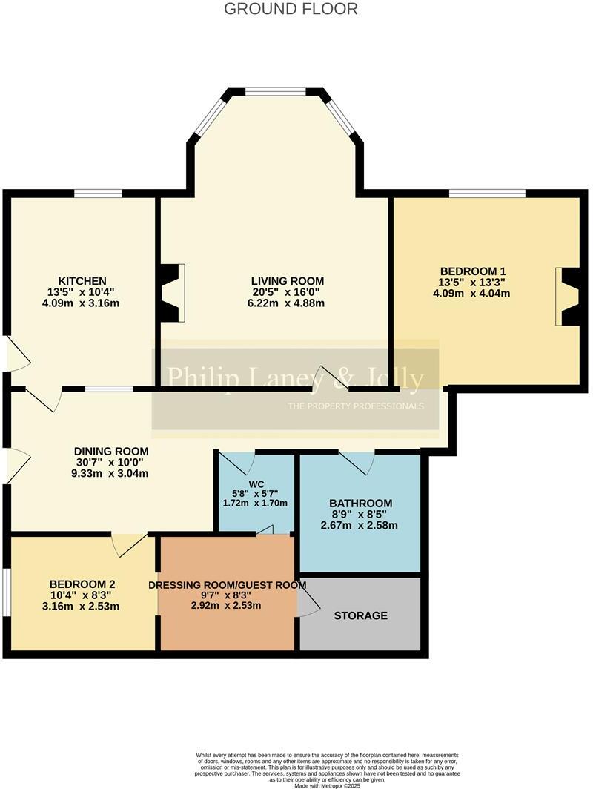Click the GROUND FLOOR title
[291, 9]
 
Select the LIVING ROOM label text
[288, 280]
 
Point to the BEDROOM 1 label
[473, 271]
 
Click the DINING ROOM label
[111, 451]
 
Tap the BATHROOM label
[361, 504]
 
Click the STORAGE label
[360, 615]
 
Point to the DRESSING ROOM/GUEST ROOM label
[228, 585]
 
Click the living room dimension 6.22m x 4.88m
[288, 303]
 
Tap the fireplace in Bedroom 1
[567, 297]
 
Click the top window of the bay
[276, 92]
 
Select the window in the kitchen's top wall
[99, 194]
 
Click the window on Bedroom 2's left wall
[6, 592]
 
